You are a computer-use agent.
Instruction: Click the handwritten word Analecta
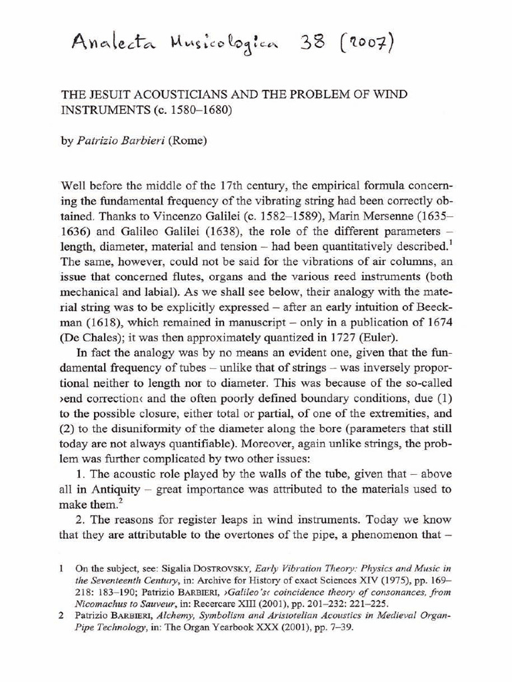coord(114,45)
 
